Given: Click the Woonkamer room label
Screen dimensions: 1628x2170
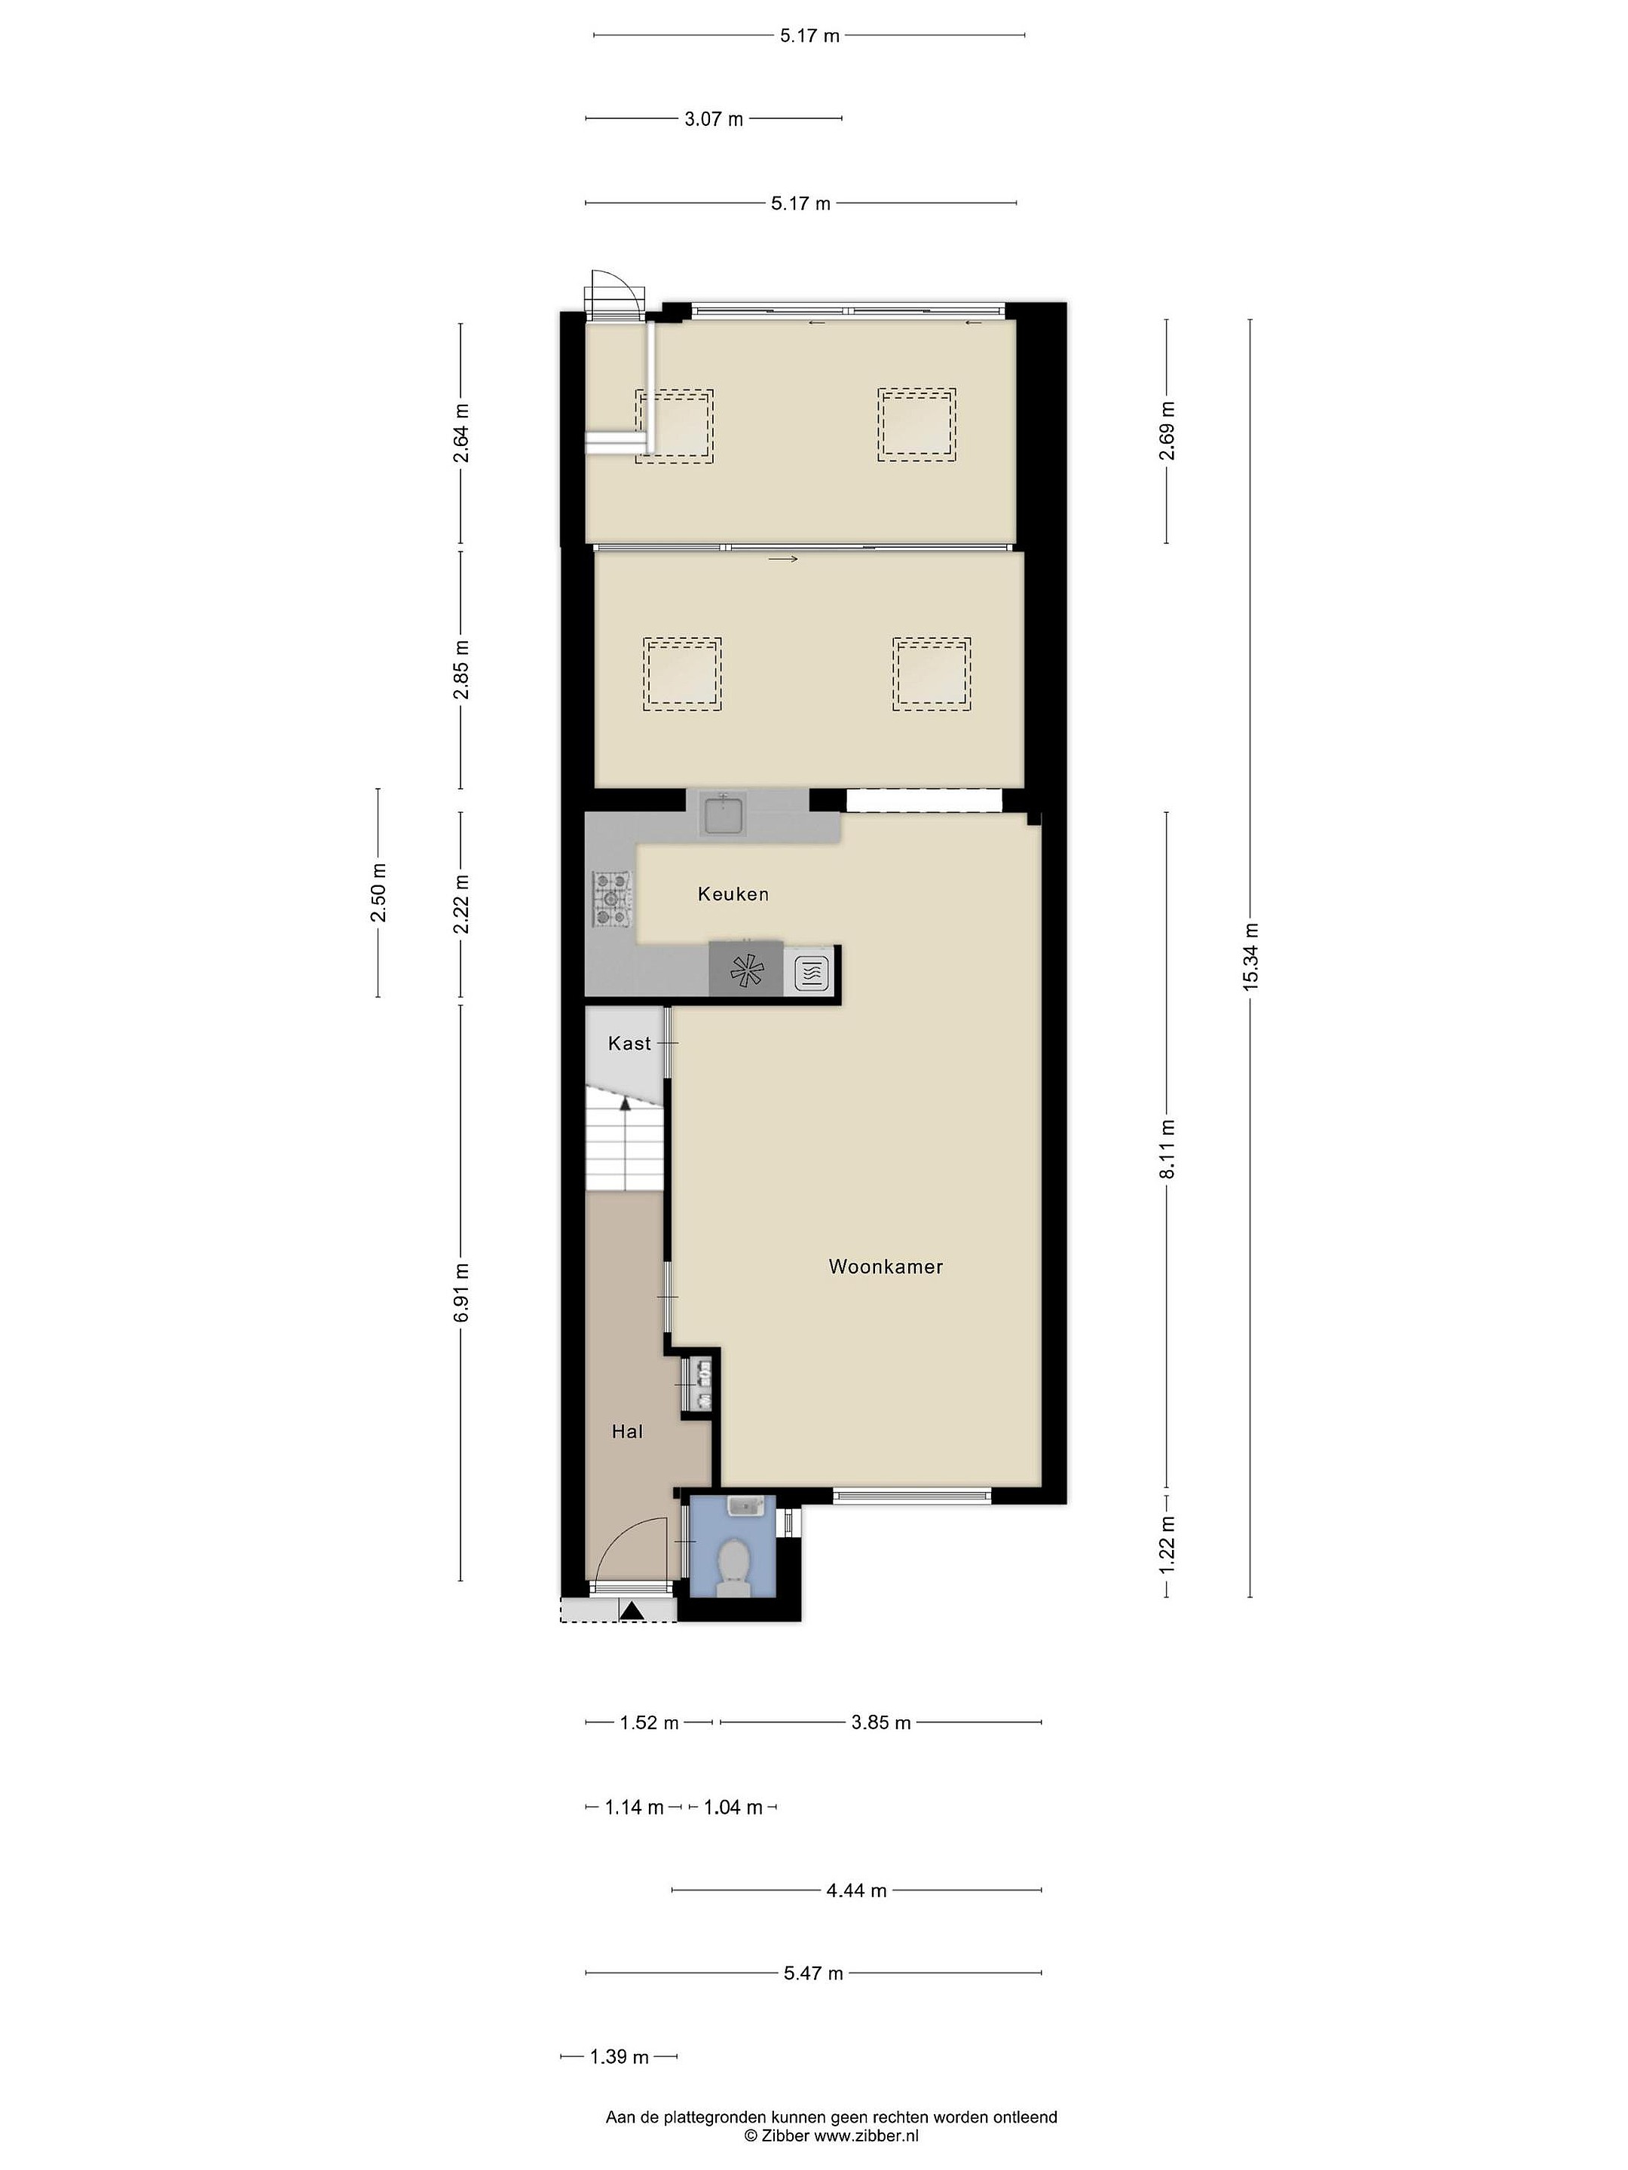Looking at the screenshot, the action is point(885,1267).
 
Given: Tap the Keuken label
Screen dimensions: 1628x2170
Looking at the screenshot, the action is point(733,894).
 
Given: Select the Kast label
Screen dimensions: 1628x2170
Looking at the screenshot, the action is point(629,1043).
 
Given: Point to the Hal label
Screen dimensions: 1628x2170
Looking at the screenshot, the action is point(627,1432).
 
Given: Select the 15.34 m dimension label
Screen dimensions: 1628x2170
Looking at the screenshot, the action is point(1250,958).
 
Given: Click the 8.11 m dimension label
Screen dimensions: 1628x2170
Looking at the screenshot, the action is point(1167,1150).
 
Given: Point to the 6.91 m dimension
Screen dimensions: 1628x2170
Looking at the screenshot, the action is point(461,1293).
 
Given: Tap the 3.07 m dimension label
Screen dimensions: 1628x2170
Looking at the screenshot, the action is point(714,119).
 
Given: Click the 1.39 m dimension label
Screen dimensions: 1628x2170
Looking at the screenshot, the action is point(620,2056).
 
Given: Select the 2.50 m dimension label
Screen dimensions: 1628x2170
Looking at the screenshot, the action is point(378,893).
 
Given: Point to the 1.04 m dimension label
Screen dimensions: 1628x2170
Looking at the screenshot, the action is point(733,1807).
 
